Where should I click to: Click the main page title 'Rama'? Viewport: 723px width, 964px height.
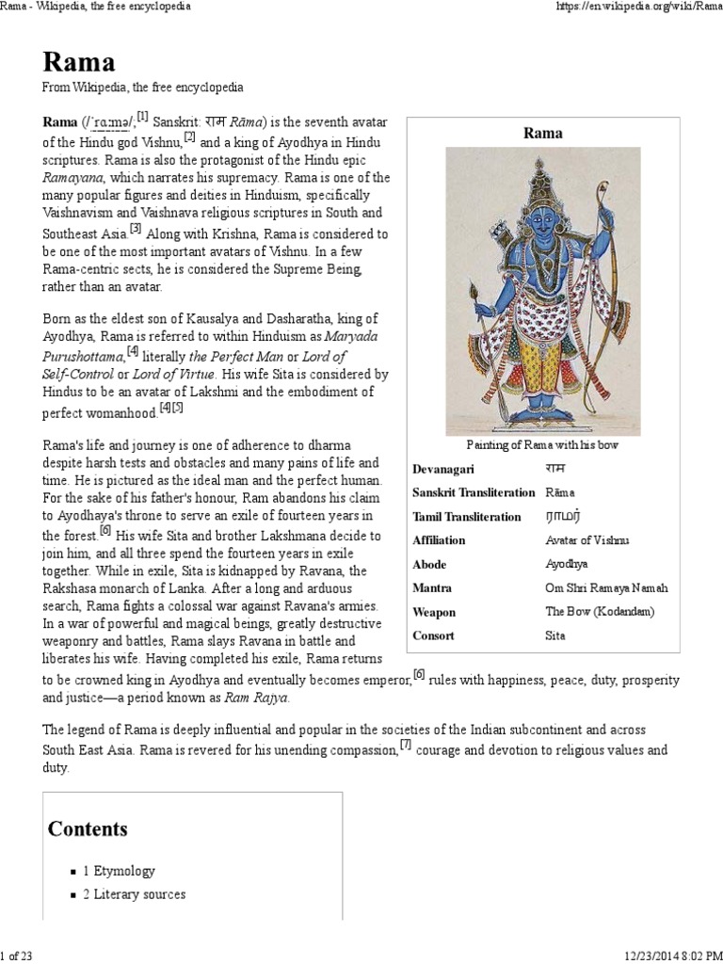79,62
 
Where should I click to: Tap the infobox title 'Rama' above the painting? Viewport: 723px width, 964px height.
542,133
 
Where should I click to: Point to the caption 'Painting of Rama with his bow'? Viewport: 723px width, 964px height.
542,444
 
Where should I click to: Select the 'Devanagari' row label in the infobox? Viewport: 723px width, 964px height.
443,469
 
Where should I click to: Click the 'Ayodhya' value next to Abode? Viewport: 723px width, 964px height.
566,564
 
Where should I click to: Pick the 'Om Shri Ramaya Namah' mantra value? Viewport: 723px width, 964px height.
606,587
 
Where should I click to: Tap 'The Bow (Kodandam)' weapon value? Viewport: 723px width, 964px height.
599,612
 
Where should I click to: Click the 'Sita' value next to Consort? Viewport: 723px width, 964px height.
556,635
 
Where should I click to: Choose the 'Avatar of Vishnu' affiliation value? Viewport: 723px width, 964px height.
587,540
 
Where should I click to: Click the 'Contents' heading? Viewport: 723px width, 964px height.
88,828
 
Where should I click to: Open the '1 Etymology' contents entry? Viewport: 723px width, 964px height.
119,871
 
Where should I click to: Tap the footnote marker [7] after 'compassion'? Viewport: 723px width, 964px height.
406,746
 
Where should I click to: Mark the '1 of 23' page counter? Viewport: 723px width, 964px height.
17,956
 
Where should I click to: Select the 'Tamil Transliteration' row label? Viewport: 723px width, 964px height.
466,517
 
